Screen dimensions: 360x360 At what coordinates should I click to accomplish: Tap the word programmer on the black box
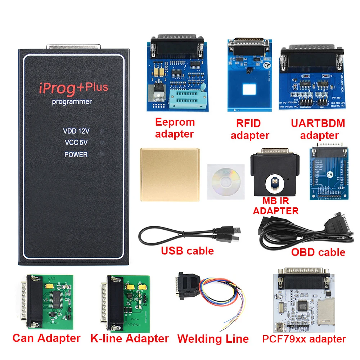pyautogui.click(x=72, y=102)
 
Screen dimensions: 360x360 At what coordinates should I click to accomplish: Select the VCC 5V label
pyautogui.click(x=76, y=143)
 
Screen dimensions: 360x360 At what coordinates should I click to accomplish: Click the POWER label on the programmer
pyautogui.click(x=76, y=154)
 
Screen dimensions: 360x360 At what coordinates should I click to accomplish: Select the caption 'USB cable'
pyautogui.click(x=188, y=251)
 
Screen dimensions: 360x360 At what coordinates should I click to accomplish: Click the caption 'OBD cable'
pyautogui.click(x=318, y=252)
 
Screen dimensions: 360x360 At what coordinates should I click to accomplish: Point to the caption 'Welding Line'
pyautogui.click(x=213, y=339)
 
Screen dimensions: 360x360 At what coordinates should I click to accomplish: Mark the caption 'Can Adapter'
pyautogui.click(x=46, y=338)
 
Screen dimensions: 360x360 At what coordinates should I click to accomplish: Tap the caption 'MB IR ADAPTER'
pyautogui.click(x=276, y=206)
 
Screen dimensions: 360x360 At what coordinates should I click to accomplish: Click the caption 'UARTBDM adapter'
pyautogui.click(x=318, y=129)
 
